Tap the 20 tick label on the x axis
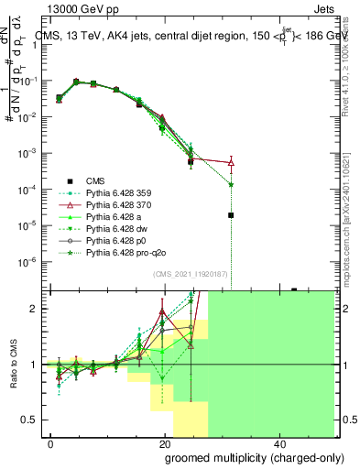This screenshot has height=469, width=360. pyautogui.click(x=165, y=442)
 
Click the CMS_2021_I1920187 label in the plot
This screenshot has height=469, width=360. pyautogui.click(x=191, y=274)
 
